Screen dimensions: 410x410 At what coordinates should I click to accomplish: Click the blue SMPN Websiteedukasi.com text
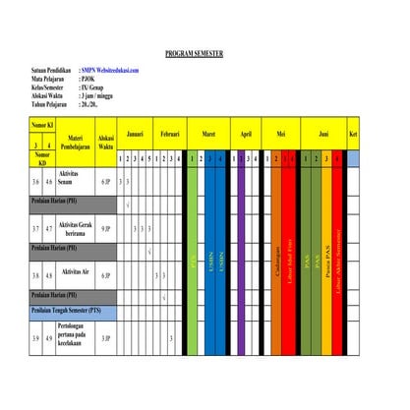[110, 71]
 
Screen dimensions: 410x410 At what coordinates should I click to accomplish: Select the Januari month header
[136, 133]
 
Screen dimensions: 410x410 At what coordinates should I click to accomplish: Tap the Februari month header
[169, 133]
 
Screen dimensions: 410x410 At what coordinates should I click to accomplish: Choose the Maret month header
[208, 133]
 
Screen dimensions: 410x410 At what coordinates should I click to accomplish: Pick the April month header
[245, 133]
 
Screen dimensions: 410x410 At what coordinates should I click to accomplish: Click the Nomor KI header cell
[42, 126]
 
